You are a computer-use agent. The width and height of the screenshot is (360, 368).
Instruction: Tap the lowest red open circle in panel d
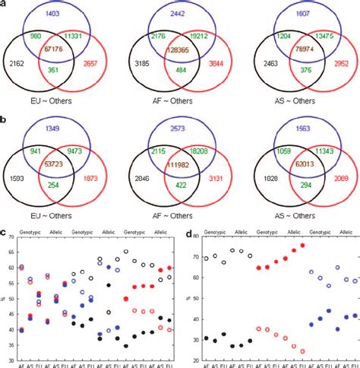point(302,351)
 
